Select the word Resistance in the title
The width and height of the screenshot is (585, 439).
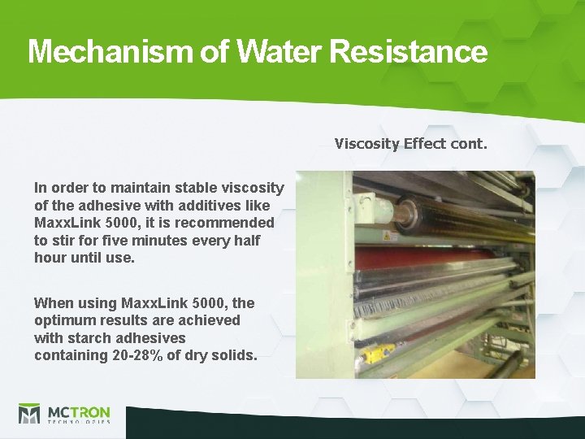coord(409,51)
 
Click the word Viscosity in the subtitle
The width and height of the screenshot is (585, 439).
coord(367,144)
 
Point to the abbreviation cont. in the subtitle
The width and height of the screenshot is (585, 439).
coord(469,144)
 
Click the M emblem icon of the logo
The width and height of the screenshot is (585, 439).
coord(29,414)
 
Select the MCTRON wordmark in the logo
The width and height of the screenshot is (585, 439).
coord(80,411)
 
